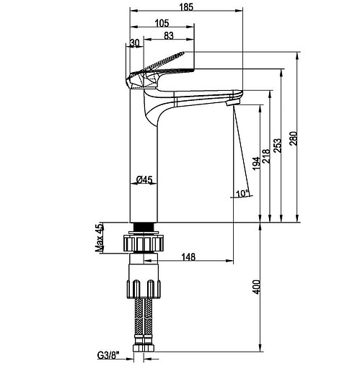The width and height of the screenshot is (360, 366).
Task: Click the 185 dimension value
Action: (186, 7)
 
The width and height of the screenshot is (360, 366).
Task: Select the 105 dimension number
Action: (162, 23)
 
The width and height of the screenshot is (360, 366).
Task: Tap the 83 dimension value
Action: (169, 35)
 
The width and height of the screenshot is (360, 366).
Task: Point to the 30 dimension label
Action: (135, 43)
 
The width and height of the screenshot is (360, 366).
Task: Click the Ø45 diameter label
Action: (144, 179)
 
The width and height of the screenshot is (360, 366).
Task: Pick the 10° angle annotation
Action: (242, 193)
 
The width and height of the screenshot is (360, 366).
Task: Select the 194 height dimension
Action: (256, 164)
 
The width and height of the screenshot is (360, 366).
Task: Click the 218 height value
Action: (266, 156)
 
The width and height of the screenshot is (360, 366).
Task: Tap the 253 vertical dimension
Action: (277, 146)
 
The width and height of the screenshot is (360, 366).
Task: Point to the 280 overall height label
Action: (294, 138)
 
